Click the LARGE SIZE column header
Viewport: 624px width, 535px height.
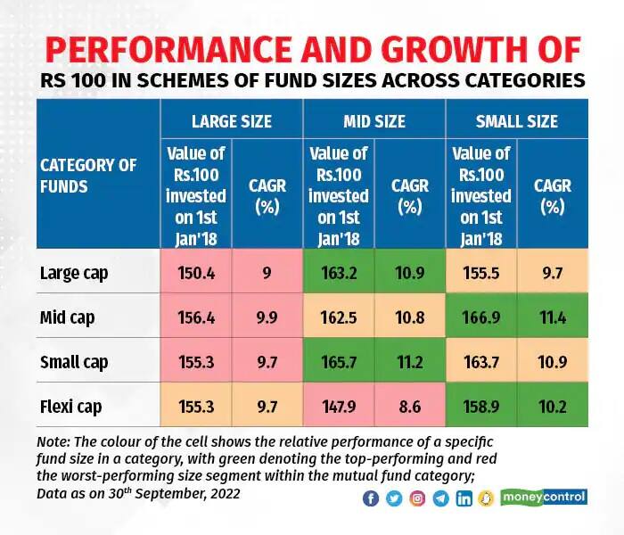[x=232, y=121]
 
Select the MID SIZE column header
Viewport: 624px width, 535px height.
[x=374, y=121]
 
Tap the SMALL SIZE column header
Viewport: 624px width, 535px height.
[x=517, y=121]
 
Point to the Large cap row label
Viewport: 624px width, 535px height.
[x=74, y=274]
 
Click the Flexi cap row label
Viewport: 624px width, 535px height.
[x=70, y=407]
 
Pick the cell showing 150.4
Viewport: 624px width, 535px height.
[x=196, y=273]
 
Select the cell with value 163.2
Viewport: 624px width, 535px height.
[x=339, y=273]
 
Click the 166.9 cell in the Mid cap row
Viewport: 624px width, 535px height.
[x=481, y=317]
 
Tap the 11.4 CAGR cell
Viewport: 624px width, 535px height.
[x=553, y=317]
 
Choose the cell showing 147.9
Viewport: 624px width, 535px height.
[x=339, y=407]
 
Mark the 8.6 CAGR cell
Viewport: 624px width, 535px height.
[x=410, y=407]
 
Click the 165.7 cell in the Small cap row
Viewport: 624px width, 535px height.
[x=339, y=362]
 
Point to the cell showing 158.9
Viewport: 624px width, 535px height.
[x=481, y=407]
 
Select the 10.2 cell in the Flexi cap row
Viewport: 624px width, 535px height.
[x=553, y=407]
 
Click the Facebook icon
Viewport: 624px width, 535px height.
[x=371, y=498]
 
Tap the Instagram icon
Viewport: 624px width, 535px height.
[x=417, y=498]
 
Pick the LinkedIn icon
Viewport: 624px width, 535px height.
[x=464, y=498]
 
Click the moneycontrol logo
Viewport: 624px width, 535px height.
[x=544, y=498]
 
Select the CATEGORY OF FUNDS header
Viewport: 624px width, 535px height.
[x=88, y=176]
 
